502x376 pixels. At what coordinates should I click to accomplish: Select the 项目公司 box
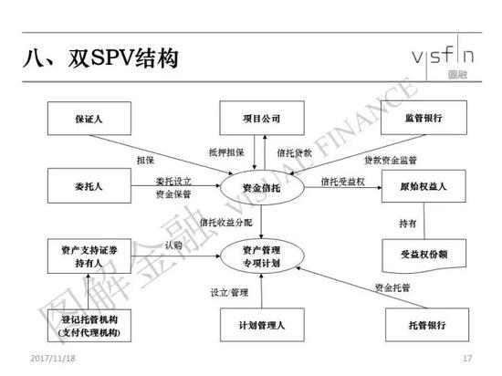[x=259, y=120]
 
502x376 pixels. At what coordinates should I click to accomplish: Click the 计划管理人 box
[x=259, y=324]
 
